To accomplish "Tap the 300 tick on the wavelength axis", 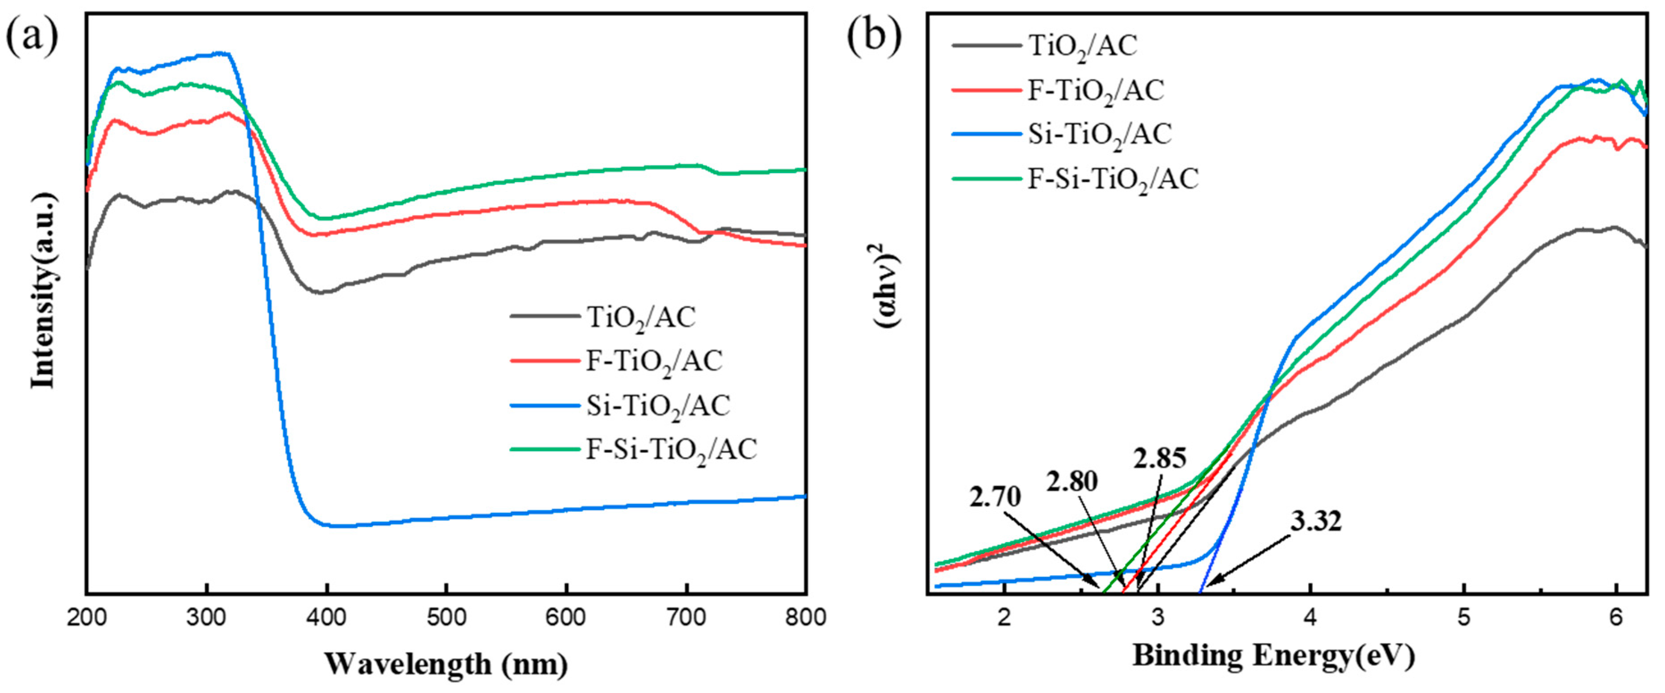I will pos(206,618).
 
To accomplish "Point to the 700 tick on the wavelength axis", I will pos(686,618).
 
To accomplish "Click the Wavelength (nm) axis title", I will pos(446,664).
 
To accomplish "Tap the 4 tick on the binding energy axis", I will pos(1310,618).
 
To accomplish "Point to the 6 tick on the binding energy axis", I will pos(1616,618).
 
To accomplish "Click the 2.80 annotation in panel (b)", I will pos(1072,481).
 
